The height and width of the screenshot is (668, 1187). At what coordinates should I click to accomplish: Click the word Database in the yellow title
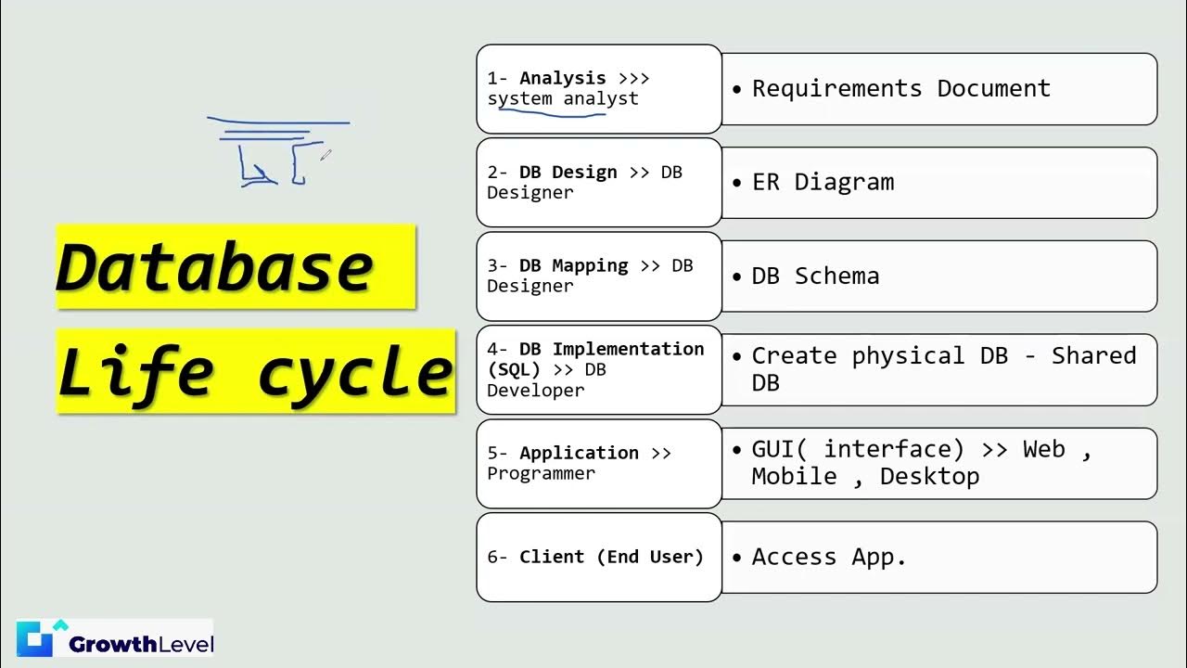coord(215,267)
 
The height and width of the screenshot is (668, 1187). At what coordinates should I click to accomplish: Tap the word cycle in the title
coord(355,373)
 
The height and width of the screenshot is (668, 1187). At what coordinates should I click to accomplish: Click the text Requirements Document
coord(900,89)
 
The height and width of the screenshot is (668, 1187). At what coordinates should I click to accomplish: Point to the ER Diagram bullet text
coord(823,182)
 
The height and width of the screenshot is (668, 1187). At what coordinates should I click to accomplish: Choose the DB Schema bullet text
coord(815,276)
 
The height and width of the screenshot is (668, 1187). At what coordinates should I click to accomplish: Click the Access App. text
coord(828,557)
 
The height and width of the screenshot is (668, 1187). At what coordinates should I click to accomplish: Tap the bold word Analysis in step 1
coord(563,79)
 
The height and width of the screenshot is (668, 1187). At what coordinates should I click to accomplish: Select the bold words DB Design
coord(568,173)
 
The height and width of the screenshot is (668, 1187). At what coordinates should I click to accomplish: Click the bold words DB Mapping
coord(573,266)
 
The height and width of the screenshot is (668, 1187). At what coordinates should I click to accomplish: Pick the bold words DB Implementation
coord(611,349)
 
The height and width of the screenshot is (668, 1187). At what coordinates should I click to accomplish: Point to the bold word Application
coord(579,453)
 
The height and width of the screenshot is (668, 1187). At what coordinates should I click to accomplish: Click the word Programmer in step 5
coord(541,473)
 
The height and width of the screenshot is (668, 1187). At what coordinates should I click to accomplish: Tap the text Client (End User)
coord(611,557)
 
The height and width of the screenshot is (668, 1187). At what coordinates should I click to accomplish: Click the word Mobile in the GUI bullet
coord(794,477)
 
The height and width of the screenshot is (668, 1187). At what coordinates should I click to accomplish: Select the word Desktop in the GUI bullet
coord(929,477)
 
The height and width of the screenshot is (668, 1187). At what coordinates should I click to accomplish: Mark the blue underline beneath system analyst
coord(553,113)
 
